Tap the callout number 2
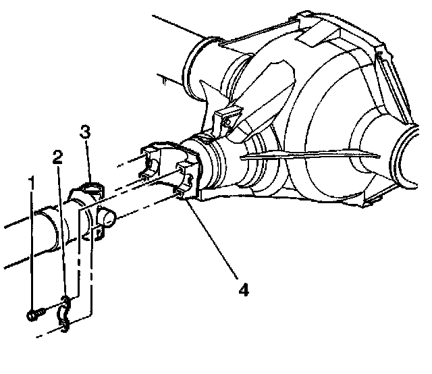[59, 158]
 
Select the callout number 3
[85, 132]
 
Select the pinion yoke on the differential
[169, 172]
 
